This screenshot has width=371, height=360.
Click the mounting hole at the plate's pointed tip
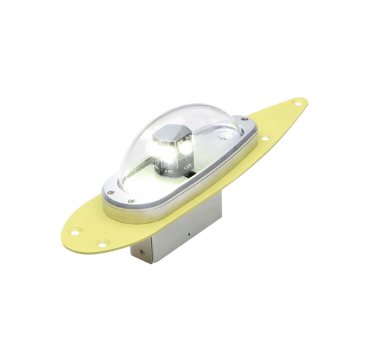point(297,103)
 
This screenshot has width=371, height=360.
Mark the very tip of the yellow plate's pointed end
point(307,102)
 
